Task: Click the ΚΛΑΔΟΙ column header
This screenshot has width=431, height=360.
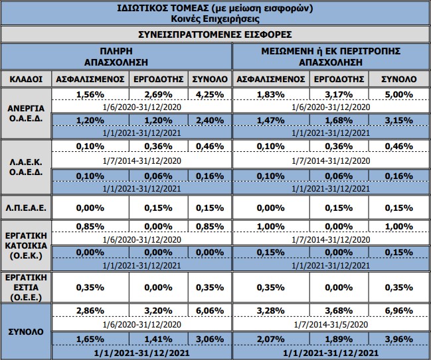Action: coord(26,80)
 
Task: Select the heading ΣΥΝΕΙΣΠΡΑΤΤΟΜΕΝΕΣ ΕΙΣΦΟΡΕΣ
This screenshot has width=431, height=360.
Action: coord(215,34)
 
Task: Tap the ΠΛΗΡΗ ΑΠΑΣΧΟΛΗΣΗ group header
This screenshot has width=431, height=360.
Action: coord(116,57)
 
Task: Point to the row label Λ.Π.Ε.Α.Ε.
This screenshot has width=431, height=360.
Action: coord(26,208)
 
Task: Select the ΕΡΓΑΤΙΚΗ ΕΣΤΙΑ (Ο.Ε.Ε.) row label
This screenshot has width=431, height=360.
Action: coord(26,288)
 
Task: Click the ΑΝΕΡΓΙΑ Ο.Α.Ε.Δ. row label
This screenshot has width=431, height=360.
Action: coord(26,113)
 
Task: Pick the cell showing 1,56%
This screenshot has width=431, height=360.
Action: coord(90,95)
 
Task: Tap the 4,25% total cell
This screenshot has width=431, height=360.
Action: coord(210,95)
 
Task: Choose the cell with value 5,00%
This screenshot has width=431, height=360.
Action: coord(399,95)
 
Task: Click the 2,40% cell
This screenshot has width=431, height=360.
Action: coord(210,121)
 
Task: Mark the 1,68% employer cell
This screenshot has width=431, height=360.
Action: coord(339,121)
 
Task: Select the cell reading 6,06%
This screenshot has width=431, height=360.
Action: coord(210,311)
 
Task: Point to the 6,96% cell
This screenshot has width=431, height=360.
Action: coord(399,311)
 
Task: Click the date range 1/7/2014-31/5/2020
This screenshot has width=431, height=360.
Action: coord(331,325)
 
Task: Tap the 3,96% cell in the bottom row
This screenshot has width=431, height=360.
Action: coord(399,339)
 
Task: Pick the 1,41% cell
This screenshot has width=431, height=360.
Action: coord(158,339)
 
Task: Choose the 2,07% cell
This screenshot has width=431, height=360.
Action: coord(271,339)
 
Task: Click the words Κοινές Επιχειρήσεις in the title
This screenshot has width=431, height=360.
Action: coord(215,19)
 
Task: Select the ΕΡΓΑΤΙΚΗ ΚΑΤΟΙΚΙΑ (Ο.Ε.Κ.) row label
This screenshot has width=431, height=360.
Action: coord(26,246)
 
